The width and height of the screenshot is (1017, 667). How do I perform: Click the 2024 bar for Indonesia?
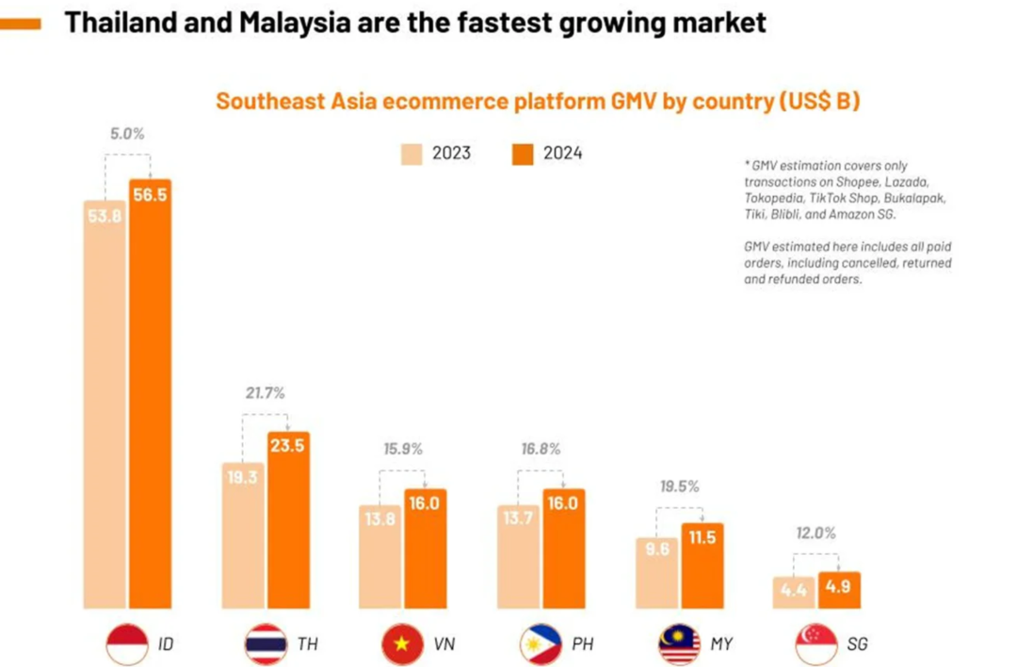point(151,395)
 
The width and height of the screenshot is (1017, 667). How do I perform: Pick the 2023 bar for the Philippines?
point(517,556)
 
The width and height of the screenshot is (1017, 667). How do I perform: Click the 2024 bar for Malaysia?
point(702,565)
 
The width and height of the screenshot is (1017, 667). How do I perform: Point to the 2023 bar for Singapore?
point(794,592)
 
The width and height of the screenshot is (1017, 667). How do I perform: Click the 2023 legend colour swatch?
point(412,153)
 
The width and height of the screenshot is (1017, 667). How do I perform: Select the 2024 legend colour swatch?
point(523,153)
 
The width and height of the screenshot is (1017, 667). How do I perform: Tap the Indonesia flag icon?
point(128,644)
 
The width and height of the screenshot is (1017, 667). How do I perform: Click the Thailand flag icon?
point(266,644)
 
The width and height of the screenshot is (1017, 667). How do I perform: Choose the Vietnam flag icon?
point(404,644)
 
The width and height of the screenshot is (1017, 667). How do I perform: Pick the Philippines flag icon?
point(541,644)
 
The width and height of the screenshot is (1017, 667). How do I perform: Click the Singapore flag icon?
point(817,644)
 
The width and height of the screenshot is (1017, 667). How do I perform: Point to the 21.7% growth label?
point(266,392)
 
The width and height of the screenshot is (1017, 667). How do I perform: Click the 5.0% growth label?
point(127,134)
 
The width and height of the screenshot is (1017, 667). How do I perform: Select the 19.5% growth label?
point(678,486)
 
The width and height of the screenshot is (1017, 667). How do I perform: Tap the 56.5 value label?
point(151,195)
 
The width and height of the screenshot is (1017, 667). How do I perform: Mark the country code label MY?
point(721,644)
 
